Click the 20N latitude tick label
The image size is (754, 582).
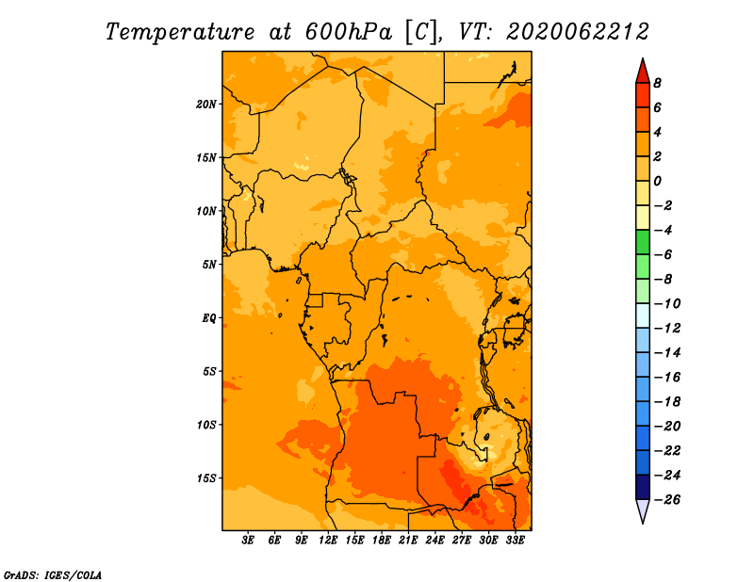click(x=206, y=104)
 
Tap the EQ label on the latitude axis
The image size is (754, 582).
click(x=209, y=318)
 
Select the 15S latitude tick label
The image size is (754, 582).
click(x=206, y=478)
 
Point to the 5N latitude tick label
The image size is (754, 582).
click(x=209, y=265)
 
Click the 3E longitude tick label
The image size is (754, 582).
click(x=248, y=540)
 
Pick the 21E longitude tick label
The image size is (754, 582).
click(x=408, y=540)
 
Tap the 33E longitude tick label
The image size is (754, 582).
click(x=515, y=540)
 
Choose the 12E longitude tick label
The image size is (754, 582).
click(x=328, y=540)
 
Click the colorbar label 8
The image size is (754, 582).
click(x=657, y=83)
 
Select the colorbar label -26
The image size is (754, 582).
click(x=667, y=500)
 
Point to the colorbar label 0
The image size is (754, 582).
click(x=657, y=181)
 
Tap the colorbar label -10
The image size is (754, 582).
click(x=667, y=304)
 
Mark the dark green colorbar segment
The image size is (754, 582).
click(x=643, y=242)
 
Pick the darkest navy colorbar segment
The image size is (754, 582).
click(x=643, y=487)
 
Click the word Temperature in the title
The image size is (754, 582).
click(x=180, y=32)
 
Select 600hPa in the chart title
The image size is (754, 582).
click(x=348, y=32)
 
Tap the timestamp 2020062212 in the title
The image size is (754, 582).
click(x=578, y=32)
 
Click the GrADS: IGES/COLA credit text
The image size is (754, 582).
click(x=53, y=575)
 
